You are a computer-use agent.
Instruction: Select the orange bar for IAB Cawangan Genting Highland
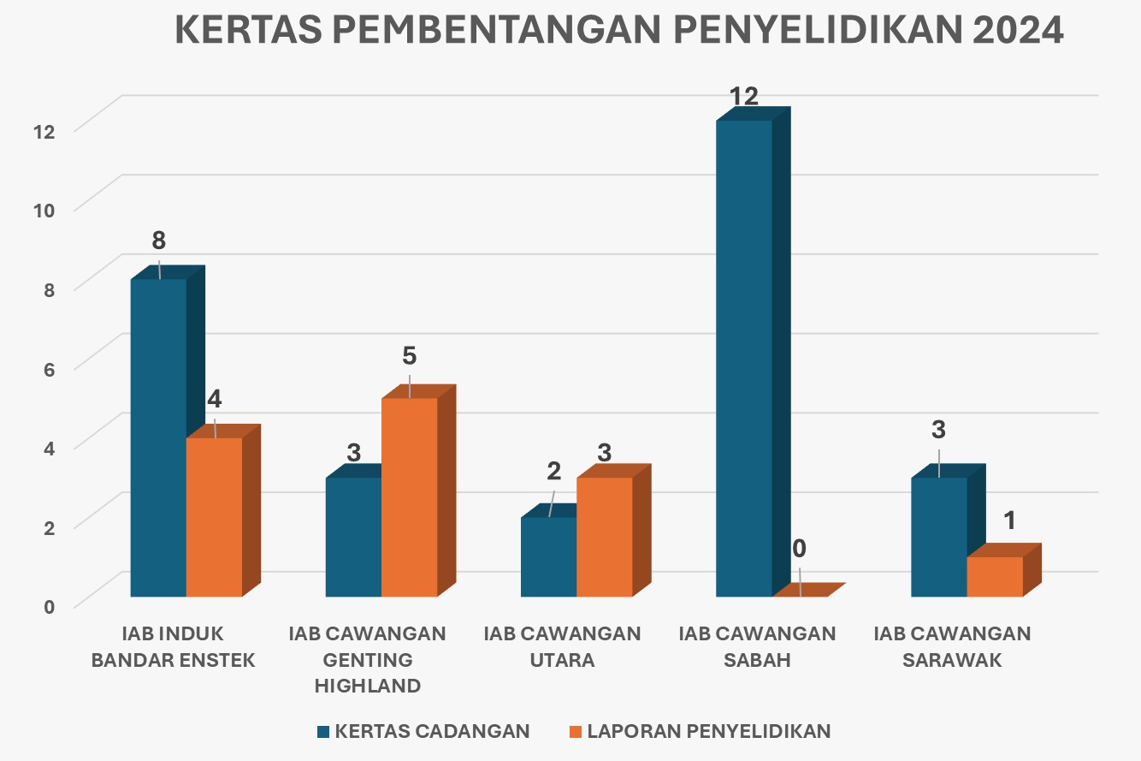pos(409,496)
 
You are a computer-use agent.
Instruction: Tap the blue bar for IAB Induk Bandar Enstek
pos(158,437)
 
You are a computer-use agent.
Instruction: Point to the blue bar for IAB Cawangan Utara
pos(548,556)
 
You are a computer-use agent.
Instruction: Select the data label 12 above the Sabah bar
pos(744,97)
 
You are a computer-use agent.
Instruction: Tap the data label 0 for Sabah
pos(800,548)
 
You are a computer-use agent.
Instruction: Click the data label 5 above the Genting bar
pos(409,356)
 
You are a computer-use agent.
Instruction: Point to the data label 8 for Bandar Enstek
pos(159,241)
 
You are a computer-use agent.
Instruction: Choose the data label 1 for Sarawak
pos(1009,520)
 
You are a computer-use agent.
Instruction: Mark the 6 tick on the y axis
pos(48,368)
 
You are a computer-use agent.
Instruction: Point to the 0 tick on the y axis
pos(48,606)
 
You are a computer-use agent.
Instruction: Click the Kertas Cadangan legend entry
pos(423,731)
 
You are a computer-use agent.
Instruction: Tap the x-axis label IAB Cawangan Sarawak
pos(952,647)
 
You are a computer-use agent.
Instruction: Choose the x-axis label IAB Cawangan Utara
pos(562,647)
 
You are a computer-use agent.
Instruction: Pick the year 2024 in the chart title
pos(1018,31)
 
